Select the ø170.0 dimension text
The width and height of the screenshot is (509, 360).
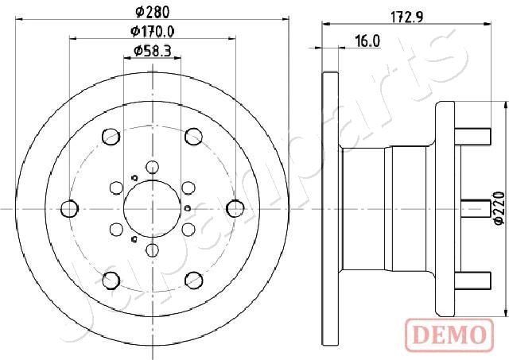pos(153,33)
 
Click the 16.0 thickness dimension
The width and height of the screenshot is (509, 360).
pos(367,41)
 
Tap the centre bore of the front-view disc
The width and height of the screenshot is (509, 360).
pos(150,209)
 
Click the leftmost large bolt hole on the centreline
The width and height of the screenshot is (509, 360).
pos(70,208)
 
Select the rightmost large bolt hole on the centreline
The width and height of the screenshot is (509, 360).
pos(234,208)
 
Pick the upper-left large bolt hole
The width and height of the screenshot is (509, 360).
pos(111,139)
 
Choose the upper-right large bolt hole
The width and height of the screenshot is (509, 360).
pos(192,139)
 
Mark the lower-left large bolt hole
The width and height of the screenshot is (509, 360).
pos(111,278)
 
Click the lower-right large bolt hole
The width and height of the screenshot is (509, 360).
pos(192,278)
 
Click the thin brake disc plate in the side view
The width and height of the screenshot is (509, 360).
pos(328,208)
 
